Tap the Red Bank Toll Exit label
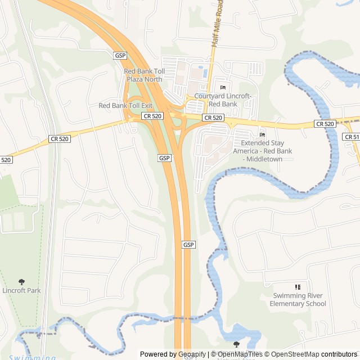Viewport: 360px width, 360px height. click(125, 105)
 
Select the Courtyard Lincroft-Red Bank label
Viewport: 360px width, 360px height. click(223, 100)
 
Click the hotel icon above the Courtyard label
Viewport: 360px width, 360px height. click(223, 87)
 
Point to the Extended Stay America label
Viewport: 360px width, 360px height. click(262, 151)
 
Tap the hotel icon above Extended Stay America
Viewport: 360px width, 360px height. click(262, 134)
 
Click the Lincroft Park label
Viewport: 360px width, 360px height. click(21, 290)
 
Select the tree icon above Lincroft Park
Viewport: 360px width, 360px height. click(21, 281)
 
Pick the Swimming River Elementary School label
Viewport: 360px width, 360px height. click(298, 300)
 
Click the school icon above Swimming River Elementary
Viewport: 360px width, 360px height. click(298, 287)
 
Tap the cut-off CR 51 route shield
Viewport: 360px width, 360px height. click(352, 137)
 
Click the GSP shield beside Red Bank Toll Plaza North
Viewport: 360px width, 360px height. click(120, 56)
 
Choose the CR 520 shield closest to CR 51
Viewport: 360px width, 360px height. click(325, 124)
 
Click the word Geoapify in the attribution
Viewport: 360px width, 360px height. click(192, 354)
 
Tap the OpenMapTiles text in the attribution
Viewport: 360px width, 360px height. click(240, 354)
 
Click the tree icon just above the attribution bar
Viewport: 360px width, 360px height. click(236, 344)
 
